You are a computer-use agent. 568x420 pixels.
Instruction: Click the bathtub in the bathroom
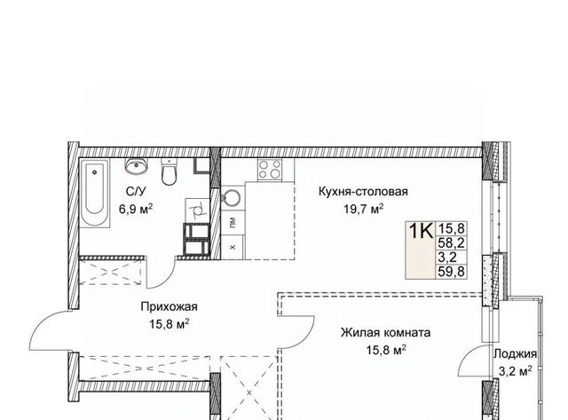(x=95, y=194)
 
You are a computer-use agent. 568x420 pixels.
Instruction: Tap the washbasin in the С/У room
(x=137, y=166)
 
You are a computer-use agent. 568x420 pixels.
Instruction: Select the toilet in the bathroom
(x=169, y=171)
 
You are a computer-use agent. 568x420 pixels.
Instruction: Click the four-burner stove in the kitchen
(x=270, y=170)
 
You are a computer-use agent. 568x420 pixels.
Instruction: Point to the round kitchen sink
(x=231, y=197)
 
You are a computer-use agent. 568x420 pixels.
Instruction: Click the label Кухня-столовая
(x=363, y=191)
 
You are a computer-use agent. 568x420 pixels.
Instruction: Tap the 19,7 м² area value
(x=363, y=209)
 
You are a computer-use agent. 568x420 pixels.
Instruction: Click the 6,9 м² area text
(x=136, y=209)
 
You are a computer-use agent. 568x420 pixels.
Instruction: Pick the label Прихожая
(x=170, y=306)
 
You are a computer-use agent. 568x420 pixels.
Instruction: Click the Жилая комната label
(x=385, y=332)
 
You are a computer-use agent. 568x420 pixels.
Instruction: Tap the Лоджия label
(x=515, y=353)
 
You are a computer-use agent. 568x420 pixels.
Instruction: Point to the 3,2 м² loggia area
(x=515, y=371)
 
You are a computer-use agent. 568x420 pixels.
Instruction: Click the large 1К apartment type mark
(x=421, y=231)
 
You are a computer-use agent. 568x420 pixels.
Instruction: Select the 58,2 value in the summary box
(x=452, y=242)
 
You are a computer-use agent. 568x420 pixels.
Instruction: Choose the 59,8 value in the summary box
(x=452, y=271)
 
